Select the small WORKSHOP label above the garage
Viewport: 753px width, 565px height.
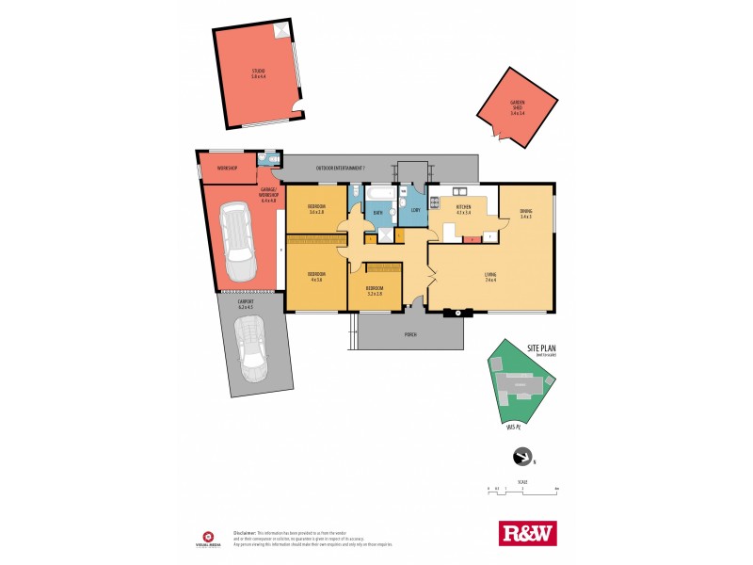pyautogui.click(x=227, y=168)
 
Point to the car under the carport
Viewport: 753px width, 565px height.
pyautogui.click(x=251, y=348)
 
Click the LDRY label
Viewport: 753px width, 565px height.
pyautogui.click(x=415, y=210)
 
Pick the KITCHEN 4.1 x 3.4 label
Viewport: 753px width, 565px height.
pyautogui.click(x=463, y=209)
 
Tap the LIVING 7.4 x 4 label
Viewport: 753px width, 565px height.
pyautogui.click(x=489, y=277)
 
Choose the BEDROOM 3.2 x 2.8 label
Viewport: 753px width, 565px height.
pyautogui.click(x=375, y=291)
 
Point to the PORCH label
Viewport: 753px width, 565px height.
pyautogui.click(x=410, y=333)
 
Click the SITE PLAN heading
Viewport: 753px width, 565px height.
pyautogui.click(x=543, y=347)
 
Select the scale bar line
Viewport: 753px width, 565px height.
pyautogui.click(x=522, y=489)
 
